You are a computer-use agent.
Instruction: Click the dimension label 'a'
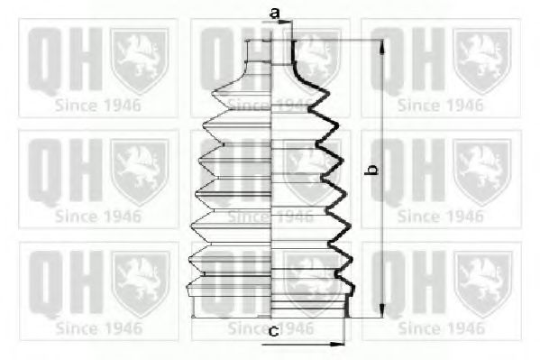click(274, 14)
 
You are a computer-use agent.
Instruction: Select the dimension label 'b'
click(372, 170)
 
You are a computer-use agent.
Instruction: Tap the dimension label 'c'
click(274, 331)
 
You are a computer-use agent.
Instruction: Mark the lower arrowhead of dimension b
click(382, 310)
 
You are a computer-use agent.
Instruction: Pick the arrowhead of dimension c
click(337, 344)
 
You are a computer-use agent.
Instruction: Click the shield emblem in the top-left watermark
click(140, 60)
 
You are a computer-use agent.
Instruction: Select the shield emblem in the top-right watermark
click(482, 60)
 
